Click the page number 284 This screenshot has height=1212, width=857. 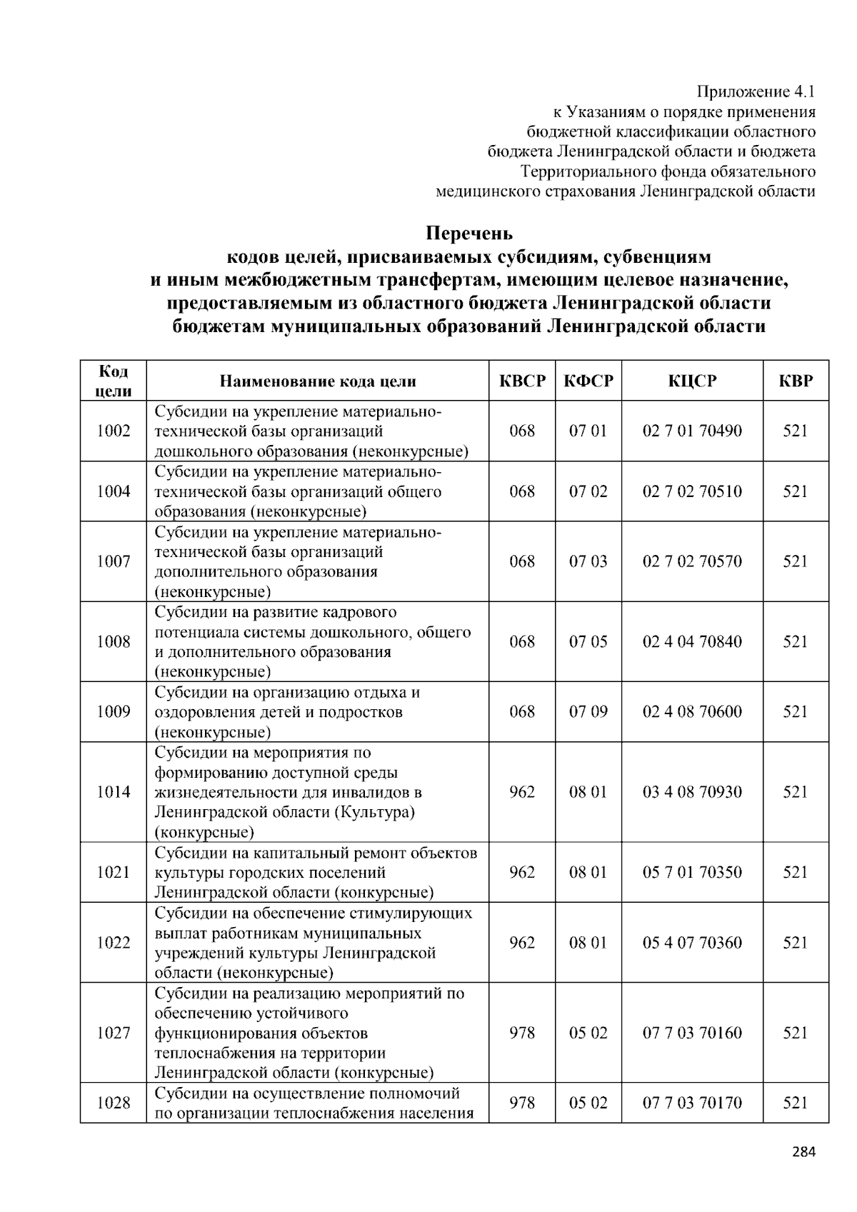tap(803, 1151)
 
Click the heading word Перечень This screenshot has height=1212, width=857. tap(469, 234)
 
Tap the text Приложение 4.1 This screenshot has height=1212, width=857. tap(756, 91)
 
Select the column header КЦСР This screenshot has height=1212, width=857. tap(692, 381)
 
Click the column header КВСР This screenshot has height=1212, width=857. tap(522, 381)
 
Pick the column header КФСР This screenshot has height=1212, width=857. tap(588, 381)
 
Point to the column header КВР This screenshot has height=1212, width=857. tap(796, 381)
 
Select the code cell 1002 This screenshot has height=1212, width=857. tap(114, 431)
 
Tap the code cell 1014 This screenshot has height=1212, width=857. tap(114, 792)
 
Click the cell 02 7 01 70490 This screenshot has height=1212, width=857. tap(692, 431)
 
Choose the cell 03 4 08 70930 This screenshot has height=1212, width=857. tap(692, 792)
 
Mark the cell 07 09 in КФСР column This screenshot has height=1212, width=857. tap(588, 711)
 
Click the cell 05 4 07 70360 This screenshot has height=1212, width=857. tap(692, 943)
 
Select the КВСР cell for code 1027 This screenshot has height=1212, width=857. tap(522, 1033)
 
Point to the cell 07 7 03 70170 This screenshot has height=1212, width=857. tap(692, 1103)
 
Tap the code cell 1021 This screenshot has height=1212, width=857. tap(114, 872)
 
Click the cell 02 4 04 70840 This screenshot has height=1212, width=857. tap(692, 641)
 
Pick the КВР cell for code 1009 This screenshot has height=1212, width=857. tap(796, 711)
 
